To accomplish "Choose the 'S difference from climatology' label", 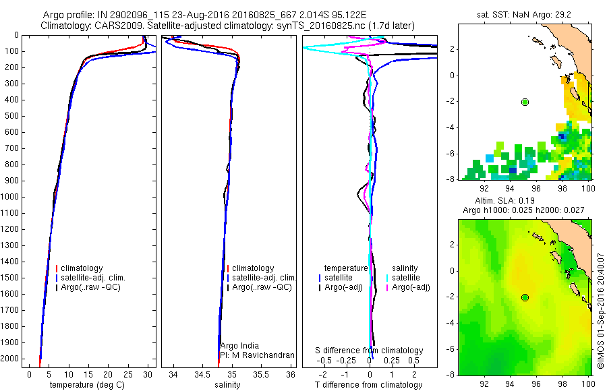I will tap(370, 351).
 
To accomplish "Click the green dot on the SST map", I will tap(525, 102).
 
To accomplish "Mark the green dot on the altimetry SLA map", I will tap(525, 297).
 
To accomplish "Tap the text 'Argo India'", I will tap(239, 346).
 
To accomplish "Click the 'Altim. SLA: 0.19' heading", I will tap(505, 202).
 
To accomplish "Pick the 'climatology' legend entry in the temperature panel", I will tap(82, 268).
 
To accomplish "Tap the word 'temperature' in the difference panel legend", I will tap(346, 268).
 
